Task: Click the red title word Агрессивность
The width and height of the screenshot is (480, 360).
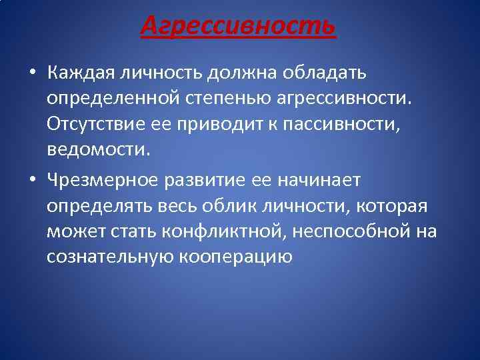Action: click(x=239, y=26)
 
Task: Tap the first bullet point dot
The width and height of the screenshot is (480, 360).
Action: click(x=32, y=73)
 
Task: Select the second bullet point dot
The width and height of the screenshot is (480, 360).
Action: click(x=32, y=181)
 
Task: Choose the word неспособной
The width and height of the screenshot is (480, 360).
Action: click(x=355, y=231)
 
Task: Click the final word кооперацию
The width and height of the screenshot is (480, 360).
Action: click(x=237, y=257)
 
